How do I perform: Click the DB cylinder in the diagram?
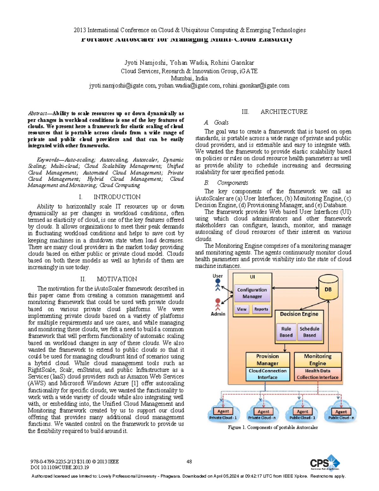(328, 288)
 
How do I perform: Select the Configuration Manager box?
(252, 293)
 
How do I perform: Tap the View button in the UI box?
(242, 309)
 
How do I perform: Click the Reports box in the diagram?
(261, 309)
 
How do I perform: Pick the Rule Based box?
(286, 332)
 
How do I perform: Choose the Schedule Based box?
(310, 332)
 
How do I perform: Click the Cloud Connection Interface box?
(268, 374)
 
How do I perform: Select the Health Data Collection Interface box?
(317, 374)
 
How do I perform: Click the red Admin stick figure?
(218, 304)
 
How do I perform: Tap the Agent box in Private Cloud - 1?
(223, 411)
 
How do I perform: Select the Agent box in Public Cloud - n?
(341, 412)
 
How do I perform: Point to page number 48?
(189, 462)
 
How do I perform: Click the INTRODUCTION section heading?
(117, 197)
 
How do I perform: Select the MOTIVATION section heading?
(117, 279)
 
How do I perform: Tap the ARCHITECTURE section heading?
(284, 112)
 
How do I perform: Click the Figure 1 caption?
(273, 427)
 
